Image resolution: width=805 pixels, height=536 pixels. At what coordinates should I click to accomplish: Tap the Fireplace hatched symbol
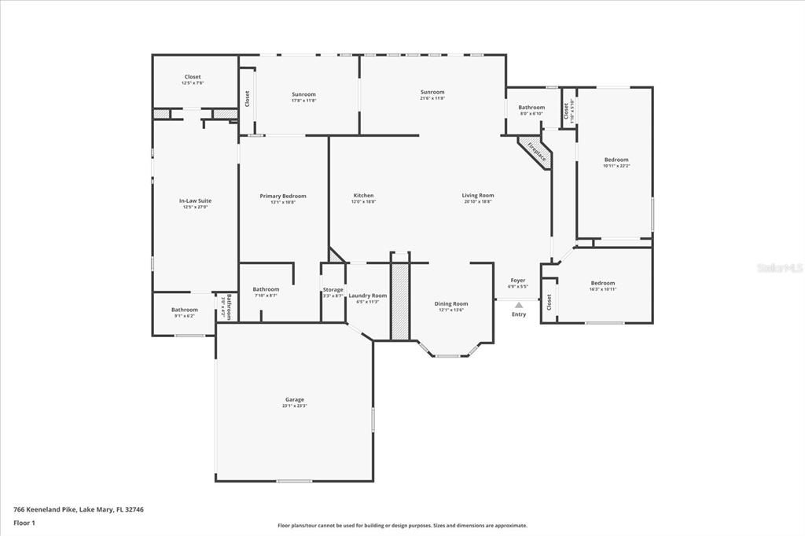(x=536, y=152)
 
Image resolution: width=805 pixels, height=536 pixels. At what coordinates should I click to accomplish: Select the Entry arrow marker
(x=519, y=305)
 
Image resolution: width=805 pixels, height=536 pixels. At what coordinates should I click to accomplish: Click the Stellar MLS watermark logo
(x=779, y=268)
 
